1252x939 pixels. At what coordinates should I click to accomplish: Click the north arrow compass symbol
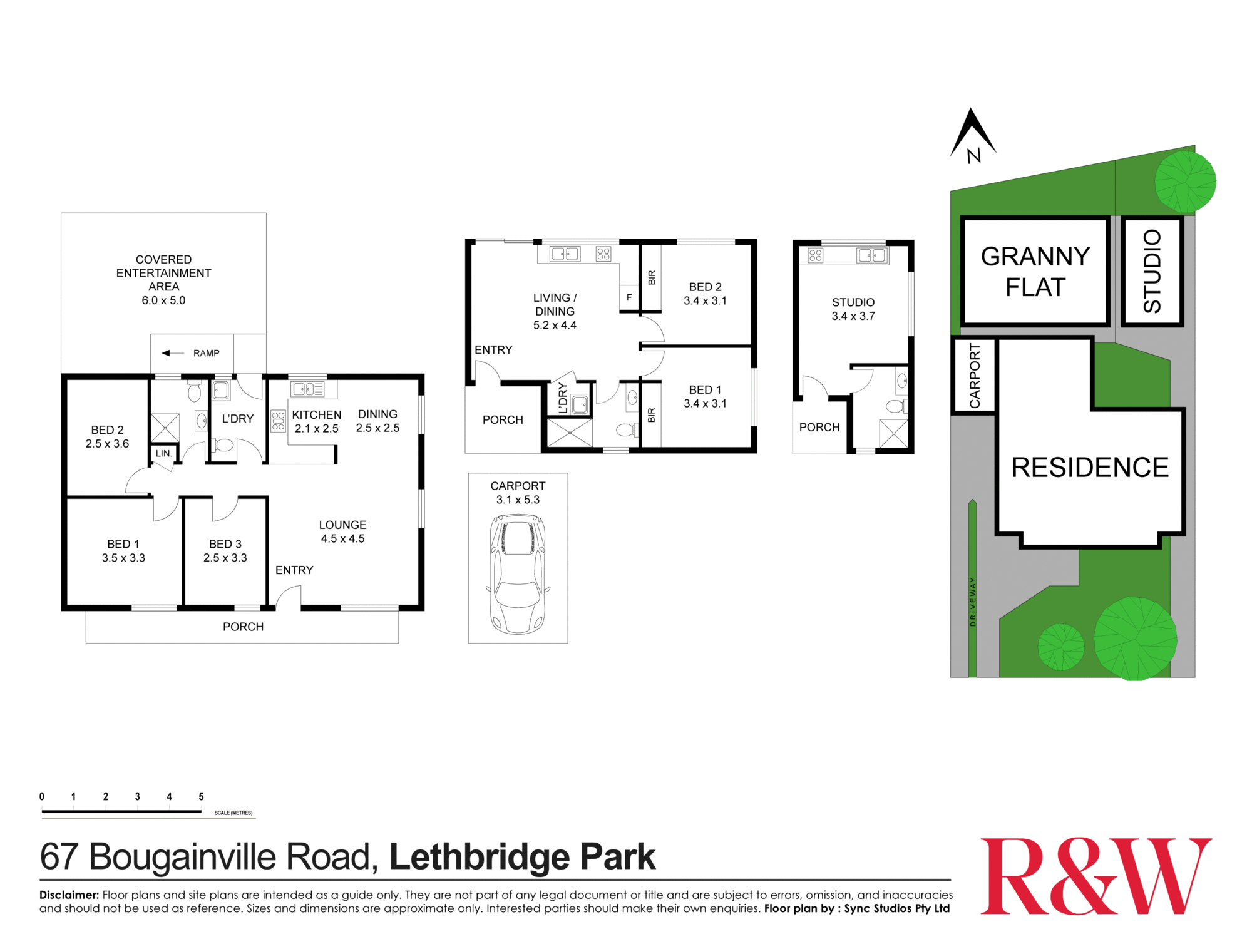pos(972,135)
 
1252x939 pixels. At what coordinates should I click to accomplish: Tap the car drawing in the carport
pos(518,573)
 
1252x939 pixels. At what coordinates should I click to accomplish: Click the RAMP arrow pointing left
pos(173,353)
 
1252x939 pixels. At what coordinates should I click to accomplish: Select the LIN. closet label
pos(163,453)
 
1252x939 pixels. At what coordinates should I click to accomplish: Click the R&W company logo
pos(1095,876)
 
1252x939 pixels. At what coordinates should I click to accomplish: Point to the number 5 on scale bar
pos(201,797)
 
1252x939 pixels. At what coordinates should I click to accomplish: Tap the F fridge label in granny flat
pos(629,297)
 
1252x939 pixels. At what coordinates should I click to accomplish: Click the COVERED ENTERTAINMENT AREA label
pos(163,279)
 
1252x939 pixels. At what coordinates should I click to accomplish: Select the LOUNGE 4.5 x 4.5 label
pos(342,531)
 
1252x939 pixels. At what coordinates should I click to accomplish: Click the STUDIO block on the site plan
pos(1152,271)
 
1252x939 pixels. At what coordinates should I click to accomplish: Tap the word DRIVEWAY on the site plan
pos(973,601)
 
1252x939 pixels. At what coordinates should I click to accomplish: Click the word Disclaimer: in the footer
pos(69,895)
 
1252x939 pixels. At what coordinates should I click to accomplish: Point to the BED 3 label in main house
pos(225,551)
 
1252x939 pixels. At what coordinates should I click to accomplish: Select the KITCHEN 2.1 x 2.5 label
pos(317,421)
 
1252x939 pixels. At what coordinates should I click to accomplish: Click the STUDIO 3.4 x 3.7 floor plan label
pos(853,309)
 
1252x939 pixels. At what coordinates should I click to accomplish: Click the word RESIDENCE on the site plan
pos(1090,468)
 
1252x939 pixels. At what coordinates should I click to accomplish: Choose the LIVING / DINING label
pos(555,311)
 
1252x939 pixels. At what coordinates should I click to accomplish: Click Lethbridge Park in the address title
pos(522,857)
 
